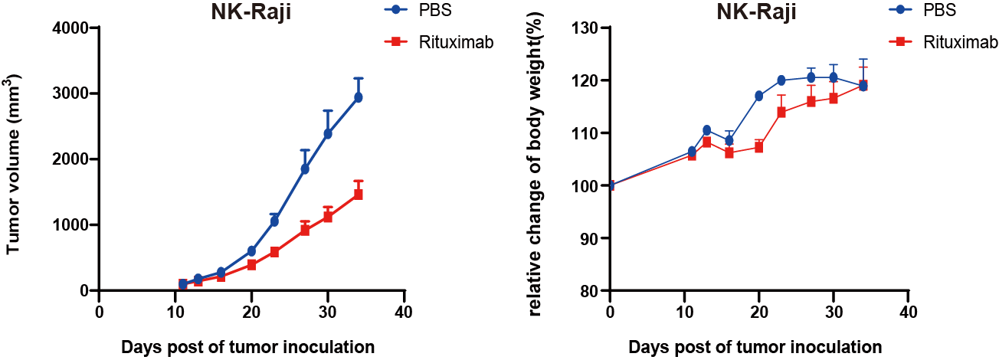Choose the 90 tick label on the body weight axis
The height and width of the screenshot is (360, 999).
coord(591,238)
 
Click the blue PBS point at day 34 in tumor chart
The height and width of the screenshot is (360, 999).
coord(358,97)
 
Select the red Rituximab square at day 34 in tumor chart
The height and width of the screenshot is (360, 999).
coord(358,195)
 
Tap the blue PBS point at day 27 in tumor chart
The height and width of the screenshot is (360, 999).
coord(305,169)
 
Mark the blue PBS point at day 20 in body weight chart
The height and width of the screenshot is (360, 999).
coord(759,96)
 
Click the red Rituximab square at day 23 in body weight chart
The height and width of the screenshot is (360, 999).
coord(781,112)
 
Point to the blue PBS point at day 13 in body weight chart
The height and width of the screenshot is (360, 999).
coord(706,129)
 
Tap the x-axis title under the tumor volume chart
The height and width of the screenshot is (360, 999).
coord(247,347)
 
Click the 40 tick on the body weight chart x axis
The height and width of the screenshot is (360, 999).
coord(908,313)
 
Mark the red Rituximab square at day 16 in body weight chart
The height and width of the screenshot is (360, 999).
coord(729,152)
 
